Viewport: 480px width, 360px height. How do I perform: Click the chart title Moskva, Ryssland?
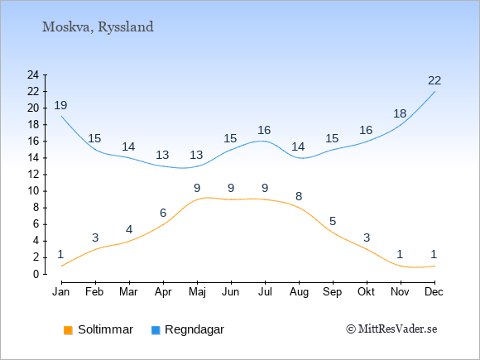click(x=98, y=27)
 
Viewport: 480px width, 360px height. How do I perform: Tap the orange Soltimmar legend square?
click(x=68, y=330)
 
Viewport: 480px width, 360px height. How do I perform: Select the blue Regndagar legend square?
click(x=156, y=330)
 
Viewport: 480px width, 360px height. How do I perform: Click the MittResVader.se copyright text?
click(x=391, y=329)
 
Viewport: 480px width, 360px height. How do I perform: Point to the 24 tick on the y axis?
click(x=33, y=74)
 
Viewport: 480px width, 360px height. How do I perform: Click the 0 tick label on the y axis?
click(x=36, y=274)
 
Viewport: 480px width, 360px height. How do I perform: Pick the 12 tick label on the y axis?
click(x=33, y=175)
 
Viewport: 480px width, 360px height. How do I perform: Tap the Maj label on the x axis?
click(x=197, y=292)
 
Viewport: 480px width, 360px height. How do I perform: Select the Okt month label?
click(x=366, y=292)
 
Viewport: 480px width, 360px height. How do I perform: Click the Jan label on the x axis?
click(x=61, y=292)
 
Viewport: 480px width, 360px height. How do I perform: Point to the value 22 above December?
click(x=434, y=80)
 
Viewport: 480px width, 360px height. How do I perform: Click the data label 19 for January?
click(x=60, y=105)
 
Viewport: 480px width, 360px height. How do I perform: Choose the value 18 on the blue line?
click(x=400, y=113)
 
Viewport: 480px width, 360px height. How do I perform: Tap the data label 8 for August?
click(x=299, y=196)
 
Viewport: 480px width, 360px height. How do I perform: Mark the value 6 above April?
click(x=163, y=213)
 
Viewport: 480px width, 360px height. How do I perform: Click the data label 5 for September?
click(x=333, y=221)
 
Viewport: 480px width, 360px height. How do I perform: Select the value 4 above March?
click(x=129, y=229)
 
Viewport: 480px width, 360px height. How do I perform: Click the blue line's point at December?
click(x=434, y=92)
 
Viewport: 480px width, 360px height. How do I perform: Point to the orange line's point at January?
click(x=61, y=266)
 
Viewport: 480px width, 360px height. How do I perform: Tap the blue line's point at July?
click(x=265, y=142)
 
